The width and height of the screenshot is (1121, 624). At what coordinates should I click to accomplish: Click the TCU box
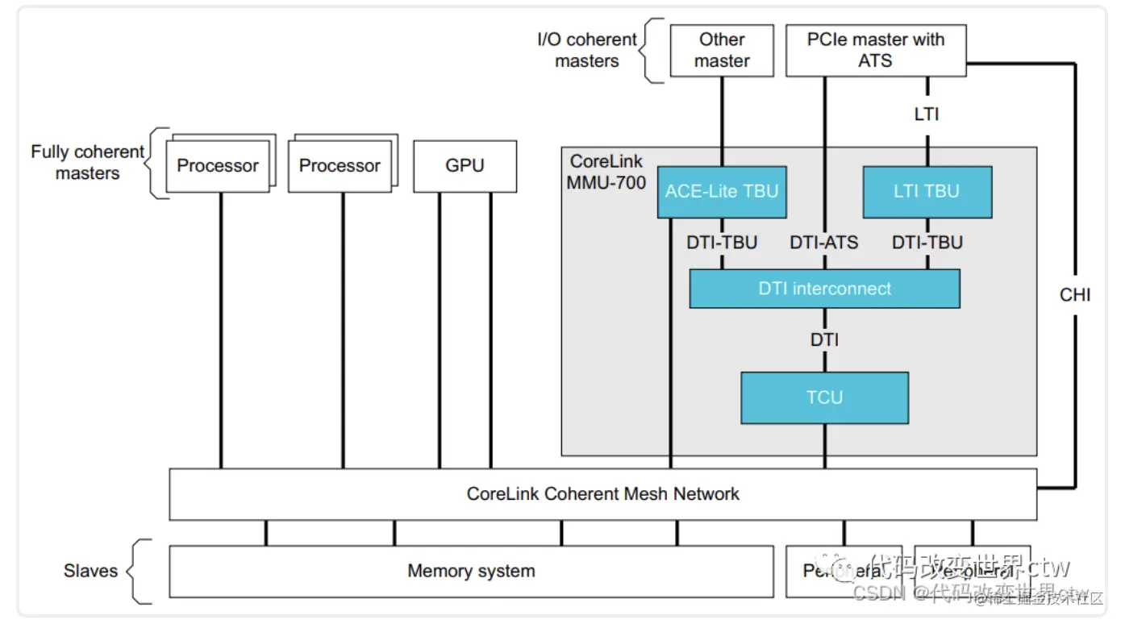[824, 397]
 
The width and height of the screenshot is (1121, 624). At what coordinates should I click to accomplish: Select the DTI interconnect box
[824, 289]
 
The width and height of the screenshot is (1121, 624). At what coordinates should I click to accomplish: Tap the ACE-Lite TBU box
[722, 192]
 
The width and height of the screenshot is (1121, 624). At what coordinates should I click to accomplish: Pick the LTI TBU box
[927, 192]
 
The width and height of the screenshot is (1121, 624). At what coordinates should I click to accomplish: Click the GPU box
[465, 166]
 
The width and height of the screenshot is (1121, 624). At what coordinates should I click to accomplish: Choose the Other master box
[722, 50]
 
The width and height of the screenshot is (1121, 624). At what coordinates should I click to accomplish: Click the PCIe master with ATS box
[876, 50]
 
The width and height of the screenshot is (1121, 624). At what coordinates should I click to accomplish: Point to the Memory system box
[471, 572]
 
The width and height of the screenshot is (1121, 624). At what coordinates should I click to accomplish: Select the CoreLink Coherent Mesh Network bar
[602, 493]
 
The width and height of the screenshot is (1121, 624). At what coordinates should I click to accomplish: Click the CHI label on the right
[1075, 295]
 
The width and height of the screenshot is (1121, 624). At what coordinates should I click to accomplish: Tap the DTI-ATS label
[824, 242]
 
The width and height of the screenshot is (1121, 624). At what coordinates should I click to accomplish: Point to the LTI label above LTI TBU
[927, 114]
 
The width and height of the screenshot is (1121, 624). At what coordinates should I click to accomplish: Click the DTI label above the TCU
[824, 340]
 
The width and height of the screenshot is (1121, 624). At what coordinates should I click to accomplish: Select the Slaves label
[90, 572]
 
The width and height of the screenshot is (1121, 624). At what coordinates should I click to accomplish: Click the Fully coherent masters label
[87, 162]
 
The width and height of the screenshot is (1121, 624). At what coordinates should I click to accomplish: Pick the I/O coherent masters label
[587, 50]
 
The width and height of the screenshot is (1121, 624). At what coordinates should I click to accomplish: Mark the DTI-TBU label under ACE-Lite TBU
[722, 242]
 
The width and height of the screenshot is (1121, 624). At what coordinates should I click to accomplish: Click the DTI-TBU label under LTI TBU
[927, 242]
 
